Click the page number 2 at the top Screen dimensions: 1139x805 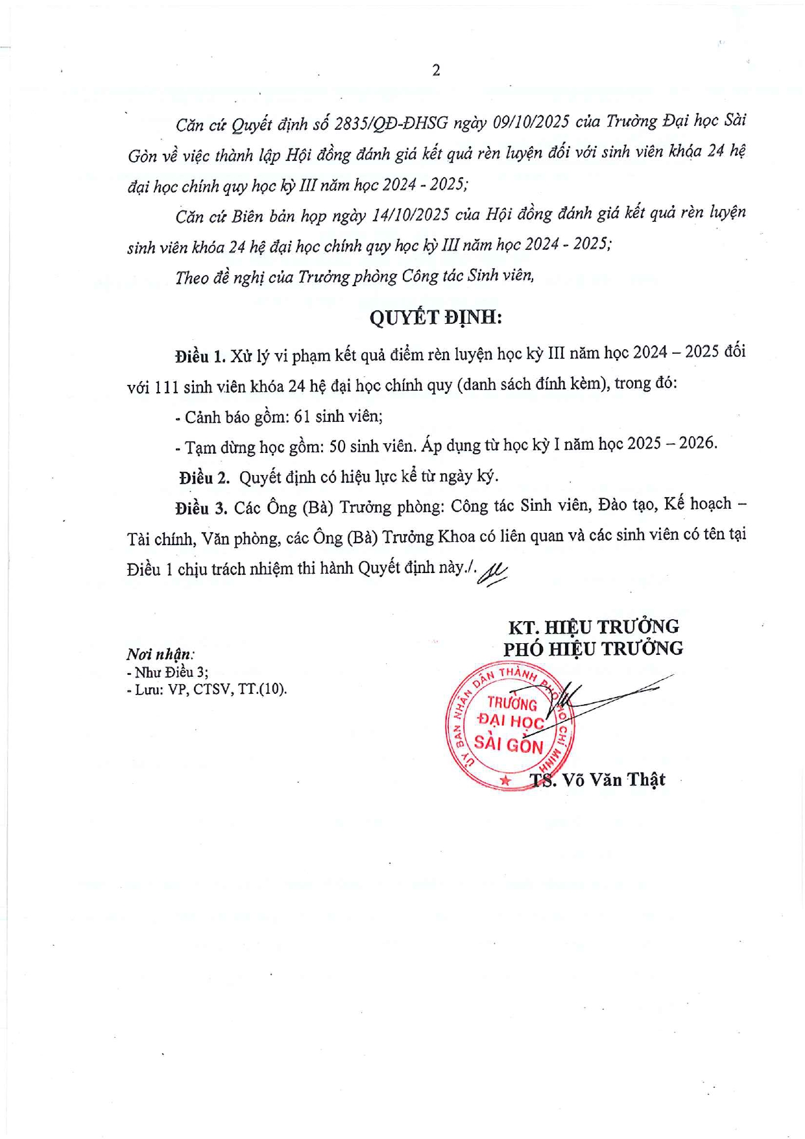click(x=436, y=70)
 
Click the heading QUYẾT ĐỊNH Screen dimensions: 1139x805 click(x=436, y=317)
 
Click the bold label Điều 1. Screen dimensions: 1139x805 click(x=200, y=356)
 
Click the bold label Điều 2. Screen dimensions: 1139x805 click(x=204, y=478)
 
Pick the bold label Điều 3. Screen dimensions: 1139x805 click(x=200, y=508)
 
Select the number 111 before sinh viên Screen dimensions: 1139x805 click(x=166, y=387)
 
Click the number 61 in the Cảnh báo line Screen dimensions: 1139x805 click(x=302, y=417)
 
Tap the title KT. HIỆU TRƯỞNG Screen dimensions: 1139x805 click(x=593, y=627)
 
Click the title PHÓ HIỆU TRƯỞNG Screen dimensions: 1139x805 click(x=593, y=649)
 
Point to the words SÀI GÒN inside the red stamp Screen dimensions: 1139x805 click(x=509, y=744)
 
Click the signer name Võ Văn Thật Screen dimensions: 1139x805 click(x=614, y=779)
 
